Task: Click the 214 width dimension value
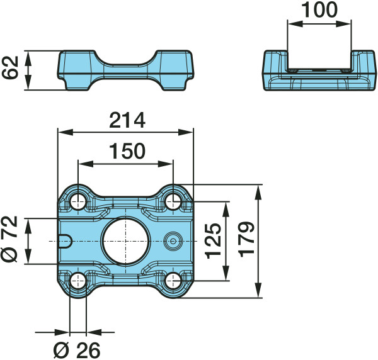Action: [x=127, y=120]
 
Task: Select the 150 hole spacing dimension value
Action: [x=127, y=151]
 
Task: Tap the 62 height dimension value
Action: [x=10, y=68]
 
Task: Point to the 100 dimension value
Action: [x=319, y=10]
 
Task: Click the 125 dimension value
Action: [x=214, y=241]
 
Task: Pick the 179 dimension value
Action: [x=246, y=240]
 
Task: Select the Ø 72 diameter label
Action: [x=10, y=239]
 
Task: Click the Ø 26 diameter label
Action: [x=77, y=351]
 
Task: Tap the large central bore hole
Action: [x=126, y=241]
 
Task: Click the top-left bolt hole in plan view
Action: [x=78, y=201]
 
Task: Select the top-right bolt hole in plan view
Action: [x=173, y=201]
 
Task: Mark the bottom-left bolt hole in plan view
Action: [x=78, y=281]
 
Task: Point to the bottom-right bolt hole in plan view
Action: [x=173, y=281]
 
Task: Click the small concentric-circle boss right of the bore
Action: [x=173, y=241]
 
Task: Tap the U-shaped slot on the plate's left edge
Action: [x=66, y=241]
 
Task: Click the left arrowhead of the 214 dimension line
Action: [x=66, y=132]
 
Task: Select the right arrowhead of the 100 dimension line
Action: [x=343, y=23]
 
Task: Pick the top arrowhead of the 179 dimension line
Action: [x=258, y=193]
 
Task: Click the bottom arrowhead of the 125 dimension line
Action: [x=226, y=273]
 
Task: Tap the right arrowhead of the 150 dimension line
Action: [x=165, y=164]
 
